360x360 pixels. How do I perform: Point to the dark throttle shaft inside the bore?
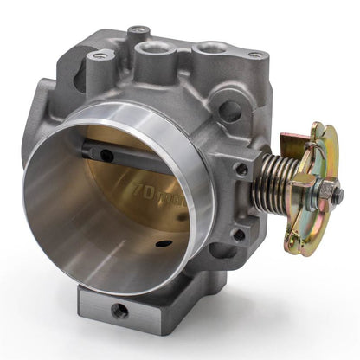coord(121,153)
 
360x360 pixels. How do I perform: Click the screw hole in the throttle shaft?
coord(106,156)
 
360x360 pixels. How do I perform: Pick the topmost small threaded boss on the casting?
coord(138,33)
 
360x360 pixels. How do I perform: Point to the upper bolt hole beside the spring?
coord(241,170)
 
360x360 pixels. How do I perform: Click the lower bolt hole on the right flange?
coord(236,234)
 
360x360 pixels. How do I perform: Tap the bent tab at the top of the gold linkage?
coord(304,132)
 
